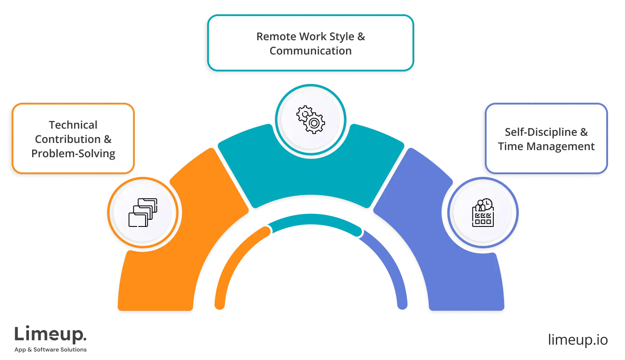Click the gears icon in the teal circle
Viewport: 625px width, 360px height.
311,119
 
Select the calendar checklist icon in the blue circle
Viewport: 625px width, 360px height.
483,212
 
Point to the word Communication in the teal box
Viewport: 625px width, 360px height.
311,51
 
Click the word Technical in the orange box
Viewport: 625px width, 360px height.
73,125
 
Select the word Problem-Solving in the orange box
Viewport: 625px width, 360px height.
73,154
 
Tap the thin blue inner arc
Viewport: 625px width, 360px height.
393,268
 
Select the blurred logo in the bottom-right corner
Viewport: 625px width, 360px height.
578,339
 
